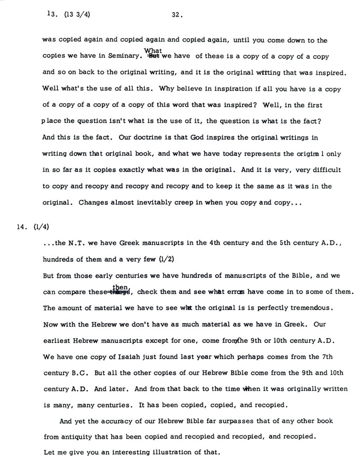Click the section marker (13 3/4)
click(75, 16)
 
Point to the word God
click(193, 137)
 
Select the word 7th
click(327, 357)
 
